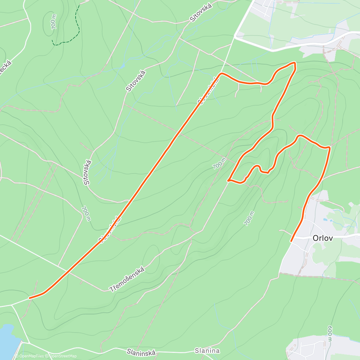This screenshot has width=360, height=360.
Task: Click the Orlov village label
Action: [x=322, y=238]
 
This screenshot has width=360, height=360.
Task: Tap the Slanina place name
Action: [x=207, y=351]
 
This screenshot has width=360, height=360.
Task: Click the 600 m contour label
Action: [x=330, y=333]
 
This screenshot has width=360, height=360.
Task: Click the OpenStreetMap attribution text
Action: [x=63, y=356]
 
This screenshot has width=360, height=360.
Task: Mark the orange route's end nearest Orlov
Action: [x=291, y=241]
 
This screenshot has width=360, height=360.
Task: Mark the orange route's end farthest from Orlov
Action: [x=29, y=298]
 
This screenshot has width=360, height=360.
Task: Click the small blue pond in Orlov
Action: [x=325, y=220]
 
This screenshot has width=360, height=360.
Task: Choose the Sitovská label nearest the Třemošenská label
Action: [x=88, y=172]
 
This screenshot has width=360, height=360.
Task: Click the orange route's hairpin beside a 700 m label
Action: [x=229, y=181]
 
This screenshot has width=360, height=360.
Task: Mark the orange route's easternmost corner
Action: [x=330, y=148]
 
